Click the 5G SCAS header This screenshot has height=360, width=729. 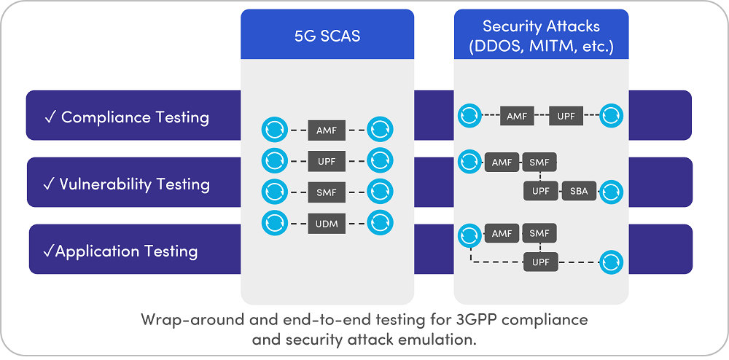tap(327, 36)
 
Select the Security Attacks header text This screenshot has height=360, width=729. tap(541, 36)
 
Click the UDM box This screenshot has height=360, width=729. tap(327, 224)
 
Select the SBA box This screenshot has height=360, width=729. tap(579, 191)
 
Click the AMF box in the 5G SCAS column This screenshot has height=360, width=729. tap(327, 130)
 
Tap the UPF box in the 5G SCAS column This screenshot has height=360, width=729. tap(327, 162)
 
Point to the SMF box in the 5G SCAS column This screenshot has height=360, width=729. tap(327, 192)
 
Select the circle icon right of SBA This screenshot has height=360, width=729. tap(612, 192)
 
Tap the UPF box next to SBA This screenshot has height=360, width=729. tap(541, 191)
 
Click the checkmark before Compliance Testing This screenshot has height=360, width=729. tap(51, 118)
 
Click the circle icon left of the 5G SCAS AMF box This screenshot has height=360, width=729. tap(275, 130)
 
